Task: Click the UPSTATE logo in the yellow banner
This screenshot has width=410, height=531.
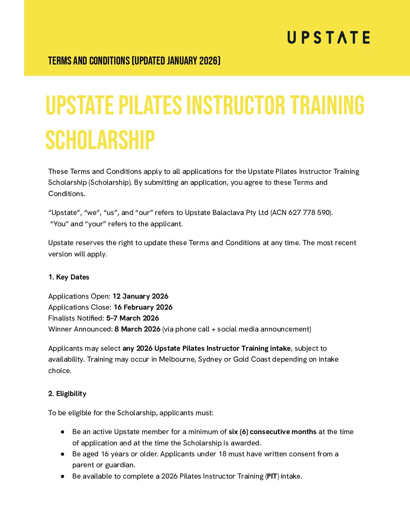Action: pyautogui.click(x=328, y=38)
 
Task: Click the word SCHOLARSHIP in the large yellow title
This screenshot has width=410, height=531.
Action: pyautogui.click(x=100, y=140)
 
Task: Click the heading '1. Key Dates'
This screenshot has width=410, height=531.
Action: pyautogui.click(x=69, y=277)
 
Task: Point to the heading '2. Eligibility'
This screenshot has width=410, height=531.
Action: pyautogui.click(x=67, y=394)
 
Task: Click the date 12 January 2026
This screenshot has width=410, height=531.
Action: pyautogui.click(x=140, y=296)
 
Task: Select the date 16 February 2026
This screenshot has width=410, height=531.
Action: pyautogui.click(x=143, y=307)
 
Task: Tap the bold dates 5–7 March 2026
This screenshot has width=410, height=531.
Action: pyautogui.click(x=132, y=318)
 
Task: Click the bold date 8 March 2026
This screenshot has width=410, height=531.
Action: pyautogui.click(x=137, y=329)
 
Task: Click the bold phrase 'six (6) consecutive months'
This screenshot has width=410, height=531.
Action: pyautogui.click(x=272, y=432)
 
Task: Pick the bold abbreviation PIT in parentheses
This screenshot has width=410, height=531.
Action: pyautogui.click(x=272, y=476)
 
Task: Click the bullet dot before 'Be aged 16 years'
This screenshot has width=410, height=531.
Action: pyautogui.click(x=63, y=454)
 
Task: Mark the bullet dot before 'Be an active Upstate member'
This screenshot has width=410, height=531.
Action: pyautogui.click(x=63, y=432)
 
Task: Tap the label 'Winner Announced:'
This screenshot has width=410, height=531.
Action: pyautogui.click(x=80, y=329)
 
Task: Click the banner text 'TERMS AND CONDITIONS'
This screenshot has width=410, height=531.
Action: pyautogui.click(x=89, y=61)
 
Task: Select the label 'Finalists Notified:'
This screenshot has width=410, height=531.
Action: pyautogui.click(x=76, y=318)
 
